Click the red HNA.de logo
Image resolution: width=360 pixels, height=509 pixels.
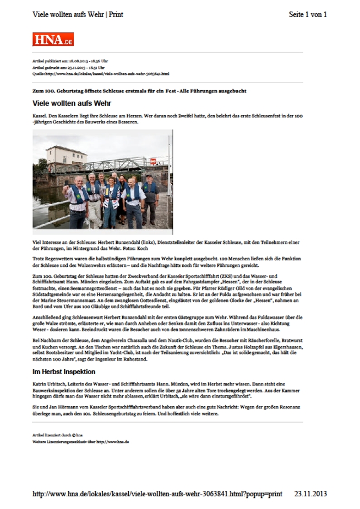tap(52, 39)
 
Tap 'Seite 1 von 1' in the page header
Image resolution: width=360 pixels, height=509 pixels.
tap(308, 15)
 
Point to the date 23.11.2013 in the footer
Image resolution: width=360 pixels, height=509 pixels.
tap(310, 494)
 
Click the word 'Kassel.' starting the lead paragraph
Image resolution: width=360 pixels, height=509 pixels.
tap(41, 117)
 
